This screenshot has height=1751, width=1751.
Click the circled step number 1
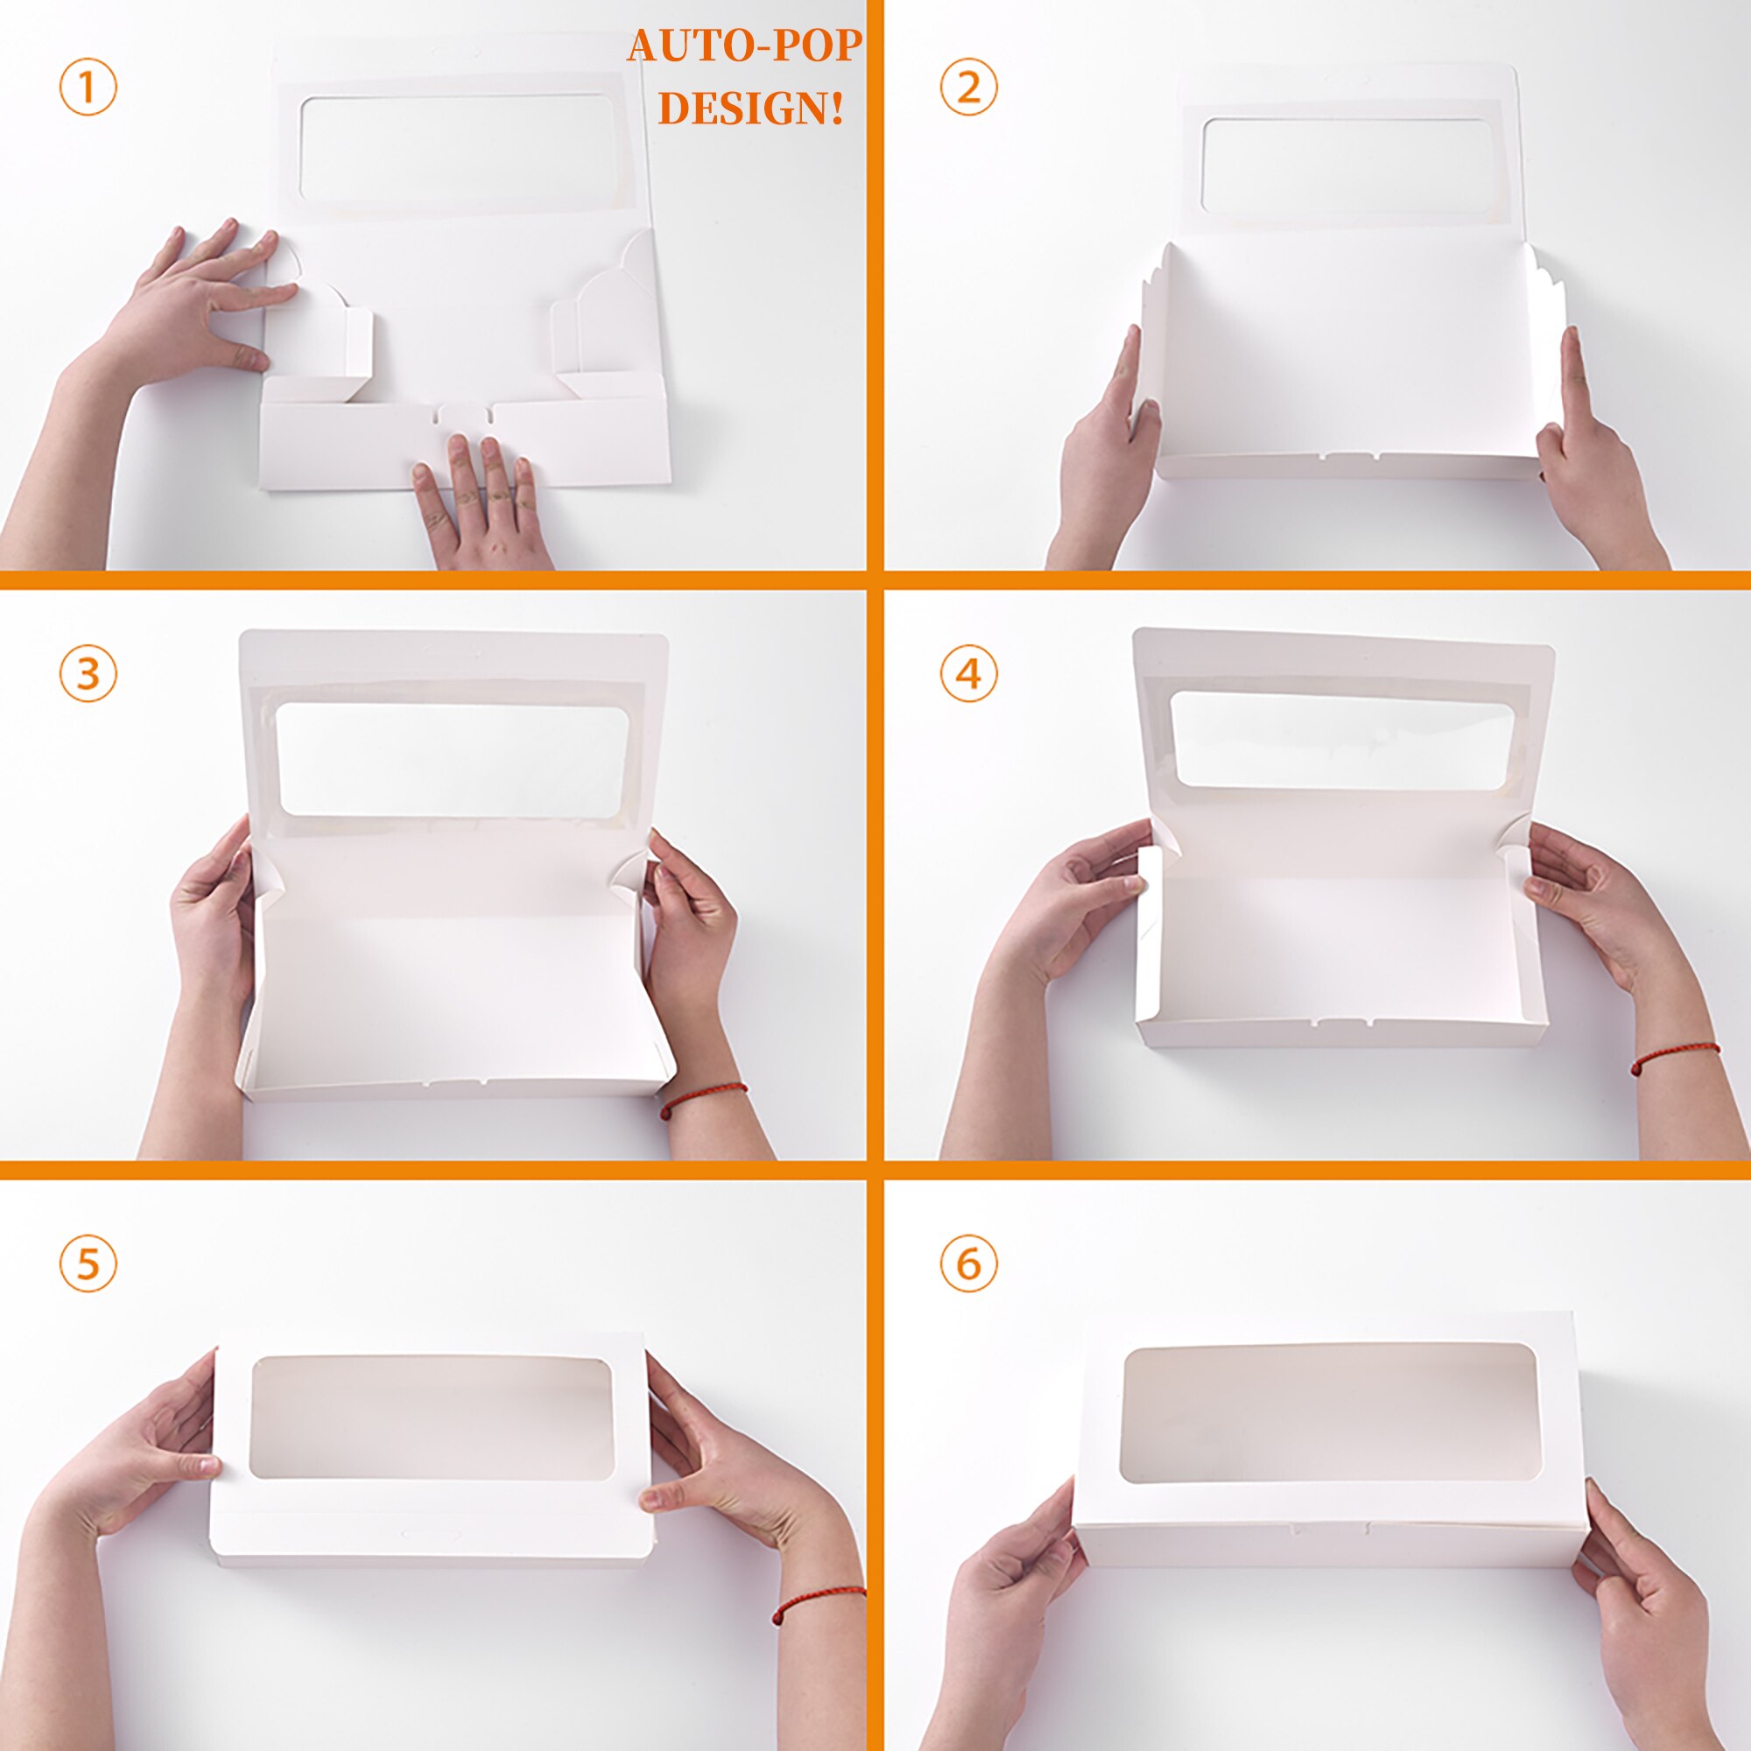pos(88,87)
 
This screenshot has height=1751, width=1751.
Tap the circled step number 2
pos(969,87)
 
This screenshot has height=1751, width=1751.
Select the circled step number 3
pos(88,673)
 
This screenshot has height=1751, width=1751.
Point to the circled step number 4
pos(969,673)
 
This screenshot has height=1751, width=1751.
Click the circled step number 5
pos(88,1263)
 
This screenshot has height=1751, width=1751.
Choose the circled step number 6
pos(969,1263)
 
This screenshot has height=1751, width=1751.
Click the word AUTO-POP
pos(745,46)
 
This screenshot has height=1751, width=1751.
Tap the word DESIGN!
pos(750,109)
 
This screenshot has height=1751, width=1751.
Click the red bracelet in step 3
pos(703,1099)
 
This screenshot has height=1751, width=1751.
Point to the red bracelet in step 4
pos(1675,1058)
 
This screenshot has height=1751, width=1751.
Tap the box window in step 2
pos(1347,165)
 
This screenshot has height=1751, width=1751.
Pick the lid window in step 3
pos(454,758)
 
